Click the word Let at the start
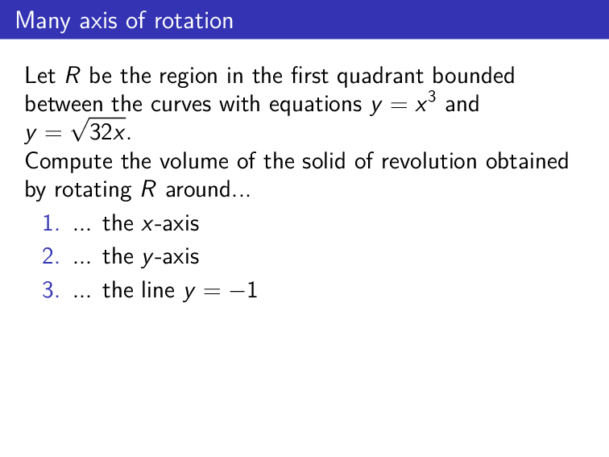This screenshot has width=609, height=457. pos(39,77)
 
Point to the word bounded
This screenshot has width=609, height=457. pos(474,77)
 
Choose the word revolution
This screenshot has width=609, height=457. pos(424,161)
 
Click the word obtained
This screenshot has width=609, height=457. pos(527,161)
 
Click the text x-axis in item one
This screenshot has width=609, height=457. pos(169,223)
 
